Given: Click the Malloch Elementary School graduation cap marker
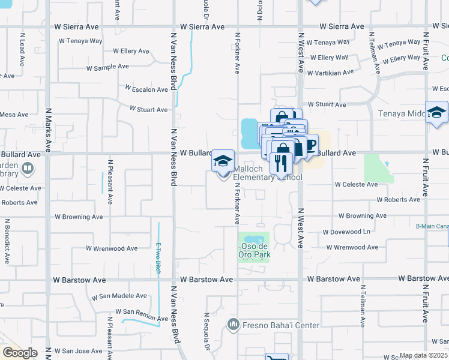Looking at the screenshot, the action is pyautogui.click(x=223, y=161).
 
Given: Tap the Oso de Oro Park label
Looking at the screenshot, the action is pyautogui.click(x=254, y=250).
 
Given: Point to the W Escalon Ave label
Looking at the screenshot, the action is pyautogui.click(x=146, y=89).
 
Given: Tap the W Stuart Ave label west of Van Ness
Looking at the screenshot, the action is pyautogui.click(x=149, y=110).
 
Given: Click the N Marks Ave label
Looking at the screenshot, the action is pyautogui.click(x=47, y=130).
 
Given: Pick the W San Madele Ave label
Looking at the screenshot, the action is pyautogui.click(x=119, y=296).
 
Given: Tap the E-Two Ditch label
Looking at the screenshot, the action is pyautogui.click(x=159, y=256).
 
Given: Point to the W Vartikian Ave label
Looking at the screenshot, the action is pyautogui.click(x=330, y=73).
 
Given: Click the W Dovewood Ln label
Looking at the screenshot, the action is pyautogui.click(x=346, y=232).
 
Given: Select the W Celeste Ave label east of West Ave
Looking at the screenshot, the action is pyautogui.click(x=356, y=184).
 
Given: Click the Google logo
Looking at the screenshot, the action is pyautogui.click(x=19, y=353).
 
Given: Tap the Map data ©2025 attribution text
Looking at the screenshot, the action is pyautogui.click(x=423, y=355).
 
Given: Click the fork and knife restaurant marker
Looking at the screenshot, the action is pyautogui.click(x=280, y=163).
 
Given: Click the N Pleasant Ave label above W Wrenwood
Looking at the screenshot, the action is pyautogui.click(x=110, y=181).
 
